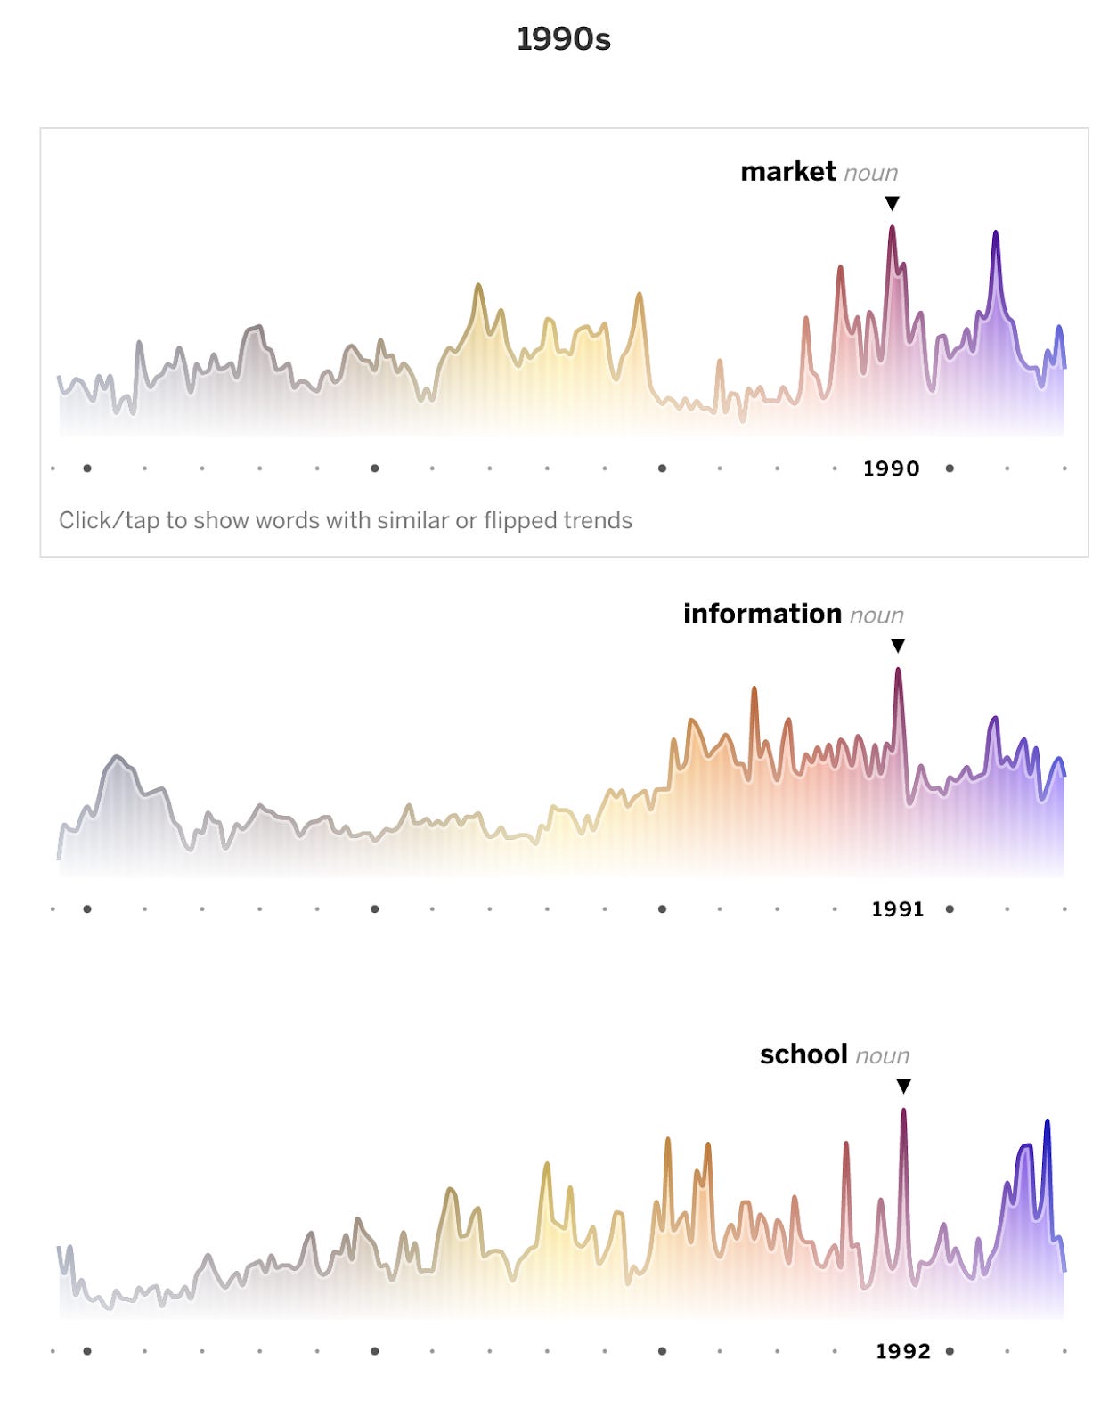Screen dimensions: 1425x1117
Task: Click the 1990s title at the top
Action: pyautogui.click(x=563, y=39)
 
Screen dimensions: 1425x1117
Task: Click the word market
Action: pyautogui.click(x=787, y=171)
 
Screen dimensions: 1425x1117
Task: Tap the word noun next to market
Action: pyautogui.click(x=870, y=173)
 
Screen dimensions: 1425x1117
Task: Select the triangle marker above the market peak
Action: pyautogui.click(x=892, y=204)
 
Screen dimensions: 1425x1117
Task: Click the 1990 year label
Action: pyautogui.click(x=891, y=468)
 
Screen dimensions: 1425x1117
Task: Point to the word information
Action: pyautogui.click(x=762, y=614)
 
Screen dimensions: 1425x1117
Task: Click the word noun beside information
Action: pyautogui.click(x=876, y=615)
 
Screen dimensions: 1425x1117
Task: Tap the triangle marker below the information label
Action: pyautogui.click(x=898, y=646)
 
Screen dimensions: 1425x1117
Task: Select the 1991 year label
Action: pyautogui.click(x=898, y=909)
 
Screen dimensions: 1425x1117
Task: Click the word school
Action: pyautogui.click(x=803, y=1054)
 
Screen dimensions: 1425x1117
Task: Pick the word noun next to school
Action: pyautogui.click(x=882, y=1056)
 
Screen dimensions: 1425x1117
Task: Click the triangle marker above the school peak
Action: pyautogui.click(x=903, y=1087)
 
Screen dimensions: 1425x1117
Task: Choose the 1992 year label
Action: pyautogui.click(x=903, y=1351)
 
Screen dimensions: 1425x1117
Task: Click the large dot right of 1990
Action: pyautogui.click(x=950, y=468)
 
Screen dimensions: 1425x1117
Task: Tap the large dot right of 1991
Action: pyautogui.click(x=950, y=909)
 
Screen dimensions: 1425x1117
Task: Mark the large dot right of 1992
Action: pyautogui.click(x=950, y=1351)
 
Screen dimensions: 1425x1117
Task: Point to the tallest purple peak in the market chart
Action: pyautogui.click(x=995, y=235)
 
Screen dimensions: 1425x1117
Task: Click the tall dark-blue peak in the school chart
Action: pyautogui.click(x=1047, y=1124)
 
